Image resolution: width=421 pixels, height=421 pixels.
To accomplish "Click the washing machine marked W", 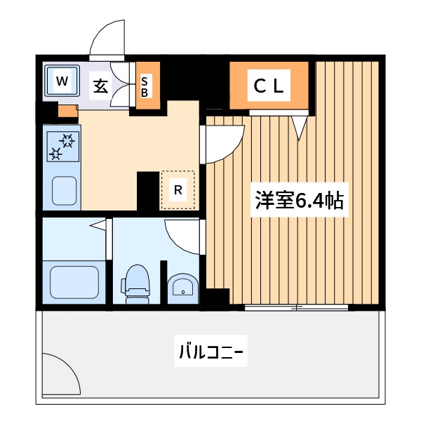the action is [62, 81].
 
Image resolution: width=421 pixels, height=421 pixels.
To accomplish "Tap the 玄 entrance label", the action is [100, 86].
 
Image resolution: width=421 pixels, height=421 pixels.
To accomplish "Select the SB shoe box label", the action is [145, 86].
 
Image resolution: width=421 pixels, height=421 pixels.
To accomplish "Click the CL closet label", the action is [269, 86].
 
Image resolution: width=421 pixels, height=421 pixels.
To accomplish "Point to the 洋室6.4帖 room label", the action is [299, 200].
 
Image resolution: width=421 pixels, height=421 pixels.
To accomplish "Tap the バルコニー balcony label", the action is [210, 352].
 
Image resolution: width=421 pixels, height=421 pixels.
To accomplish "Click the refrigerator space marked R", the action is [178, 190].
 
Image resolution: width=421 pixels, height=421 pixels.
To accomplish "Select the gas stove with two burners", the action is [63, 147].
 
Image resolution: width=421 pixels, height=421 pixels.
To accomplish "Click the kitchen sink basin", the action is [64, 191].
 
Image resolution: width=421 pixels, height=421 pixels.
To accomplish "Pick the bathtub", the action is [74, 282].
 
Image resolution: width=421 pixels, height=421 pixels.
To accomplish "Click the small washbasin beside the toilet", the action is [183, 288].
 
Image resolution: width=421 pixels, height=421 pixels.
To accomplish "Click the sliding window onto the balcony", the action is [296, 307].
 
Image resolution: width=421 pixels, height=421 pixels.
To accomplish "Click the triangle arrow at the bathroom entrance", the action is [98, 225].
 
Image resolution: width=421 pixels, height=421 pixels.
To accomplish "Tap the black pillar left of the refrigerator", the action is [148, 191].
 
